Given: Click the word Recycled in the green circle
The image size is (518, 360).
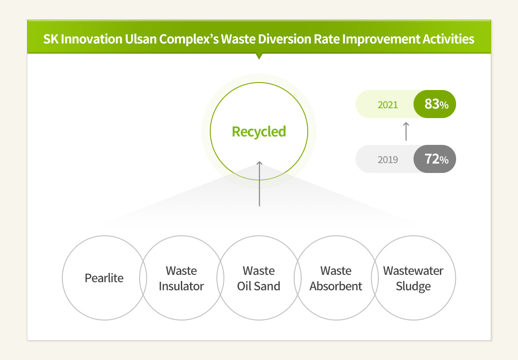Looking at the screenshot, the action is [x=259, y=132].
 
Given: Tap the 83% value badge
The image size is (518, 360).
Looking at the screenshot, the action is [x=435, y=104].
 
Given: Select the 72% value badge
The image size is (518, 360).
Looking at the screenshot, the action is [x=435, y=159].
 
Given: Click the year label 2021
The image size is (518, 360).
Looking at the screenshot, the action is [x=388, y=104].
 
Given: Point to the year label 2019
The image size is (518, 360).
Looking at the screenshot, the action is [x=388, y=159].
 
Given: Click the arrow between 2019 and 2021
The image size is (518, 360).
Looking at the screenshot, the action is [x=406, y=131].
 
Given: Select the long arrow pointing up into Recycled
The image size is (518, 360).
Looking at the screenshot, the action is [x=259, y=184].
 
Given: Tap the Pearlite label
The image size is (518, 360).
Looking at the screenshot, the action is [x=104, y=278].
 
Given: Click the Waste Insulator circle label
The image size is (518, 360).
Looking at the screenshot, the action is [x=181, y=278].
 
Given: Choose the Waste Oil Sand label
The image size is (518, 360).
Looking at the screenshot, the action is [x=259, y=278].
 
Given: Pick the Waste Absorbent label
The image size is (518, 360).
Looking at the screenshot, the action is [x=336, y=278].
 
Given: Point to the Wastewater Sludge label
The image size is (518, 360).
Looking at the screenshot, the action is [x=413, y=278].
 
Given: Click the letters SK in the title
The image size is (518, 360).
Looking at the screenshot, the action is [x=51, y=39].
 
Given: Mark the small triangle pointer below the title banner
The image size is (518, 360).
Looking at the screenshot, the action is [x=259, y=56].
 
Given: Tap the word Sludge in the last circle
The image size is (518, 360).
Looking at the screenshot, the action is [x=413, y=286].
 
